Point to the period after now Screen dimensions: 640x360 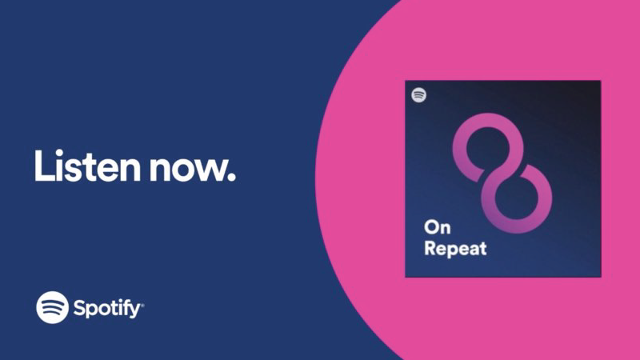tap(231, 176)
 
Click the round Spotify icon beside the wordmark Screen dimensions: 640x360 tap(52, 307)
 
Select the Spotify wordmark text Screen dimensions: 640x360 tap(107, 308)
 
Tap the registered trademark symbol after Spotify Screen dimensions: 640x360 tap(142, 304)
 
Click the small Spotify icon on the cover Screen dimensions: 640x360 tap(418, 95)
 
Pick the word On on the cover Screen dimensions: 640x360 tap(437, 227)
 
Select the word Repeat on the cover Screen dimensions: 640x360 tap(455, 248)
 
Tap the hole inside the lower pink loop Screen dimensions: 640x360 tap(516, 198)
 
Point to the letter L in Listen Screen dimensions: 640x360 tap(42, 166)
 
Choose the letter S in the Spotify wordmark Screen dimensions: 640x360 tap(79, 307)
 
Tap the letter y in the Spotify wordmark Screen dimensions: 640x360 tap(134, 311)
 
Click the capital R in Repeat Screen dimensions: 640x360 tap(430, 248)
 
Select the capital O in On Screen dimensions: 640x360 tap(431, 227)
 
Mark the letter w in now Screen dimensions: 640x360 tap(208, 169)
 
